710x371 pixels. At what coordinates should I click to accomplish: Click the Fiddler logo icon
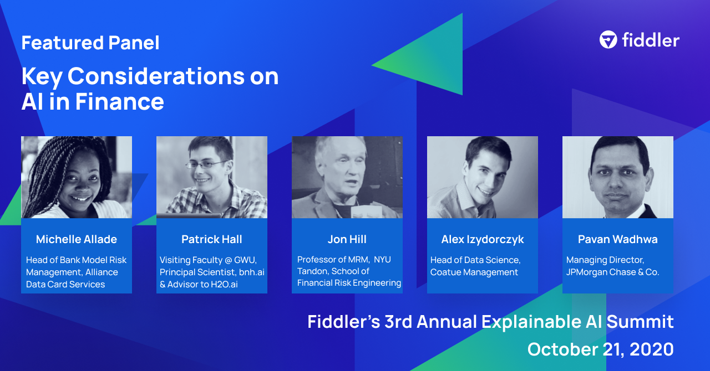pos(608,40)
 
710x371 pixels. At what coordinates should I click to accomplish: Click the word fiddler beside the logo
pos(650,40)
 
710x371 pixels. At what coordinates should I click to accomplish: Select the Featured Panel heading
pos(90,43)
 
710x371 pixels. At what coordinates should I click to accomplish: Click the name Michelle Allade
pos(77,239)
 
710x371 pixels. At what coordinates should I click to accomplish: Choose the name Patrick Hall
pos(212,239)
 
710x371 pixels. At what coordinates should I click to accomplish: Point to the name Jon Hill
pos(347,239)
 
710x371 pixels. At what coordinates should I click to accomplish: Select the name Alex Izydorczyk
pos(483,239)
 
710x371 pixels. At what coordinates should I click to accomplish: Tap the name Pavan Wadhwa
pos(618,239)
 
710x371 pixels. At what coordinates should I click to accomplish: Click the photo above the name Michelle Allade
pos(77,177)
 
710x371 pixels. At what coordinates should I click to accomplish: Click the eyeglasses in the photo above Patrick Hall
pos(206,164)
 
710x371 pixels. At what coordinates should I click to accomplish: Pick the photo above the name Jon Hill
pos(347,177)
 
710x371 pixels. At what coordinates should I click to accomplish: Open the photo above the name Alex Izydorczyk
pos(483,177)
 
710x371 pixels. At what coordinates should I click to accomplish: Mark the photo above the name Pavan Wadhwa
pos(618,177)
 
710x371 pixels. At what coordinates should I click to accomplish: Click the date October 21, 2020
pos(600,349)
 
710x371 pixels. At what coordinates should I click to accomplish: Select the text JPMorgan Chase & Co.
pos(612,272)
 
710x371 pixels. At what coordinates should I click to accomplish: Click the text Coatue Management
pos(474,272)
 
